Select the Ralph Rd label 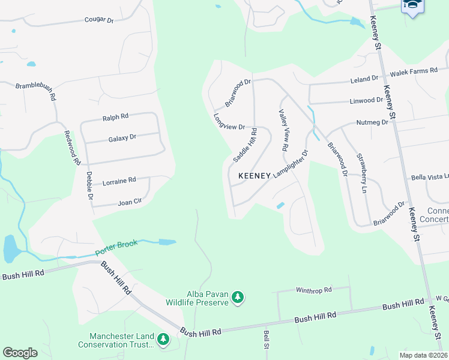coord(115,117)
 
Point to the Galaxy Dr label coord(122,138)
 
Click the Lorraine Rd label coord(119,180)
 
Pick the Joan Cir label coord(129,202)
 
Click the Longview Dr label coord(229,122)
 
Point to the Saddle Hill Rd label coord(246,145)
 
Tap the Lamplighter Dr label coord(291,164)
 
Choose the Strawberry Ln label coord(361,173)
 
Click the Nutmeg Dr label coord(372,122)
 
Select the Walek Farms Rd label coord(414,71)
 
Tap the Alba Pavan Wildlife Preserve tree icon coord(238,297)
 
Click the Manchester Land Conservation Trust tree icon coord(163,340)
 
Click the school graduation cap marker coord(412,6)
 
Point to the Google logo coord(20,353)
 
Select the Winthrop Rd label coord(313,290)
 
